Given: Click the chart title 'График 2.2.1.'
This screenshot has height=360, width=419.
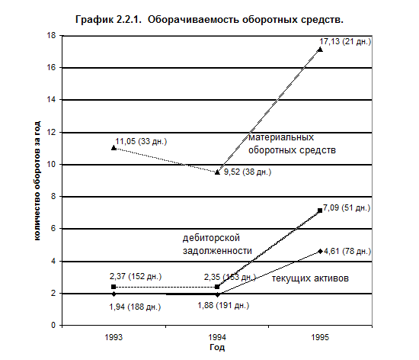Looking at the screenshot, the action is (x=108, y=20).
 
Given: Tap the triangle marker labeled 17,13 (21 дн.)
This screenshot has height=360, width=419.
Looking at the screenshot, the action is (x=320, y=50).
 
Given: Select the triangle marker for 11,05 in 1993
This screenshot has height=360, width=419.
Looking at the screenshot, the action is (x=114, y=148).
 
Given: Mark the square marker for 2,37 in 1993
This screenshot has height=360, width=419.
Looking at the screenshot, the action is (x=114, y=287).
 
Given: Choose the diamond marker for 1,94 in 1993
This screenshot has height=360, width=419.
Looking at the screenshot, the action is (x=114, y=294).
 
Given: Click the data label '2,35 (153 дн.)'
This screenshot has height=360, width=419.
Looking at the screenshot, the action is (x=230, y=277).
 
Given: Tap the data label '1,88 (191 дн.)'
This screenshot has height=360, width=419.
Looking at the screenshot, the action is (x=223, y=305).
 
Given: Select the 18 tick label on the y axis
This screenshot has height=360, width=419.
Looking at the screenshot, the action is (x=51, y=35).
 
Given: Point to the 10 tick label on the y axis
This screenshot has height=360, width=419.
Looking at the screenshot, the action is (x=51, y=165).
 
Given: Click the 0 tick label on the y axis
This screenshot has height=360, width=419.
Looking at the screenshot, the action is (x=53, y=325).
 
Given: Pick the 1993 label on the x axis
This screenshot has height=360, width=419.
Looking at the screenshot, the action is (x=114, y=337).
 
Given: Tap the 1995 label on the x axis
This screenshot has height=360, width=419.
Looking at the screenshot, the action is (x=320, y=337).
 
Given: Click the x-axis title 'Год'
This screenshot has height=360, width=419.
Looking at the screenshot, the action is (x=217, y=348).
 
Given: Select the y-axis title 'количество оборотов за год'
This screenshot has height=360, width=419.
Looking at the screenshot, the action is (x=37, y=181).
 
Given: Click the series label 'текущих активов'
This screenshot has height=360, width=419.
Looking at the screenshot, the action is (x=310, y=278).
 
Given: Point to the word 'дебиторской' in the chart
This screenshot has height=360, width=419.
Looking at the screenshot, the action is (x=211, y=238).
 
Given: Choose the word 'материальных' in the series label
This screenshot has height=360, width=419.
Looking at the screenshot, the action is (x=281, y=137).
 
